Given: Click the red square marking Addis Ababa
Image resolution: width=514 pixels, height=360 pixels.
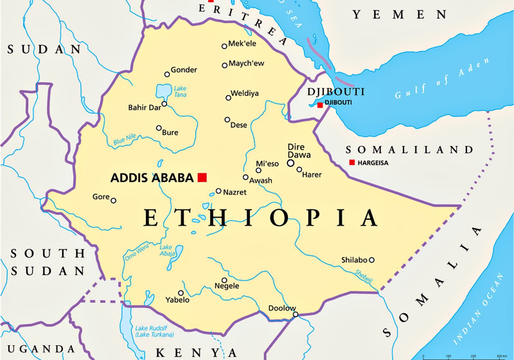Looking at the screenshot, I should click(x=202, y=177).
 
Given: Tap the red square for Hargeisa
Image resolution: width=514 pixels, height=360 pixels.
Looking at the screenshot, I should click(x=352, y=162).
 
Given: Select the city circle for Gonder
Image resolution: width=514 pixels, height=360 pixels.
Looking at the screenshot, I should click(x=167, y=74).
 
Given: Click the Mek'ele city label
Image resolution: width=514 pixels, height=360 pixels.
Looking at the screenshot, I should click(x=242, y=44).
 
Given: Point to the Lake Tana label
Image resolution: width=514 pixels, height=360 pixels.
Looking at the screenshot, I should click(x=180, y=92).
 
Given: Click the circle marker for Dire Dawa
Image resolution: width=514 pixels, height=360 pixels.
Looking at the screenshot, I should click(x=290, y=163).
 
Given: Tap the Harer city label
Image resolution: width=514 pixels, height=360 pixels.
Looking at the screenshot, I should click(x=312, y=175).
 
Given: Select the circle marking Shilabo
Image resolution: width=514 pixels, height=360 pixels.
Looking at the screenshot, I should click(x=372, y=260).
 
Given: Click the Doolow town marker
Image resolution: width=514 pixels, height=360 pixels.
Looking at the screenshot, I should click(x=296, y=314).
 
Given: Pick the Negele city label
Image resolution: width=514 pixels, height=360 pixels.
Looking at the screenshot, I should click(x=227, y=286).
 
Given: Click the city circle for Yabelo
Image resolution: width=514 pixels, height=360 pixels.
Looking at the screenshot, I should click(x=181, y=293).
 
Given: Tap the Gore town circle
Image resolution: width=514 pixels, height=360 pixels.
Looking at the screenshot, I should click(x=113, y=200).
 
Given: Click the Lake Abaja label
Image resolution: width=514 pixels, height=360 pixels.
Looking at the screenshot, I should click(x=167, y=250).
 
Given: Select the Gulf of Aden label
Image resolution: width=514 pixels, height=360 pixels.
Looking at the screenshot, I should click(x=442, y=78).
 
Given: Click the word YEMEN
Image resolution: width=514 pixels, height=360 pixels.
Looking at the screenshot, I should click(x=400, y=15).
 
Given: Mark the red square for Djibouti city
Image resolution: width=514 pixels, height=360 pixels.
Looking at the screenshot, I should click(x=320, y=105).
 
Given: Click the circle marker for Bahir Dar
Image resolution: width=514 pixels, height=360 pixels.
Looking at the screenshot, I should click(x=164, y=104).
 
